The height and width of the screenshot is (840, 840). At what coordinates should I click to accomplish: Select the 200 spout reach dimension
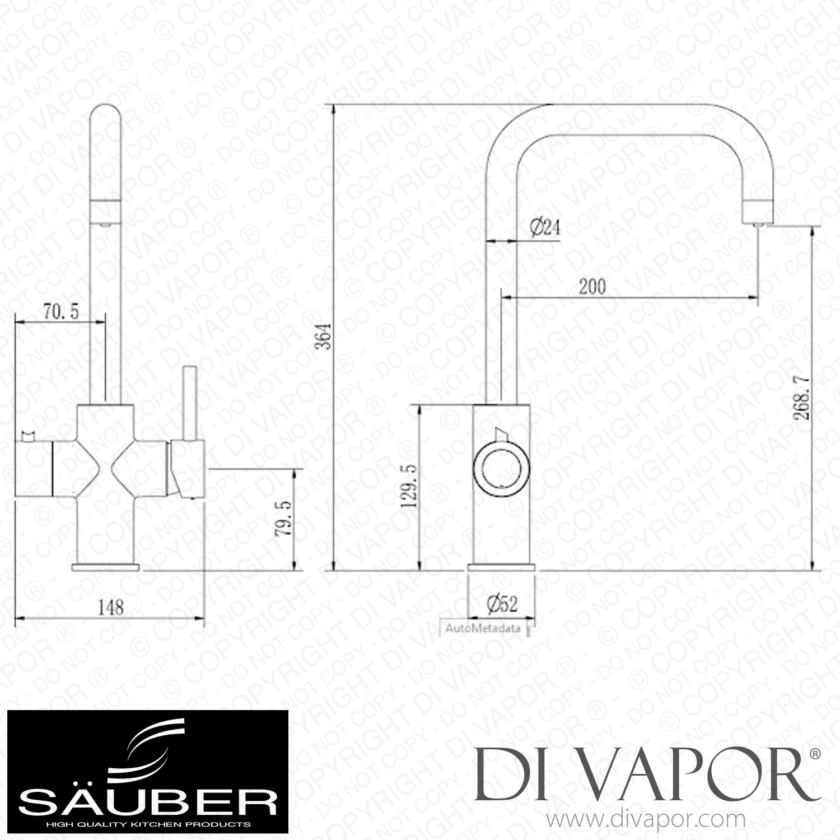click(592, 287)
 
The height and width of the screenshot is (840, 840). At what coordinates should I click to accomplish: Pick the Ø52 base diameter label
click(501, 603)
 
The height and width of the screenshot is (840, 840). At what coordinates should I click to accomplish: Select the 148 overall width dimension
click(110, 606)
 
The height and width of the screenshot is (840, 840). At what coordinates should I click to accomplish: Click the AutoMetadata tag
click(483, 628)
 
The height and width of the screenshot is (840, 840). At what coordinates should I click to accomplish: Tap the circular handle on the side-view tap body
click(500, 464)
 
